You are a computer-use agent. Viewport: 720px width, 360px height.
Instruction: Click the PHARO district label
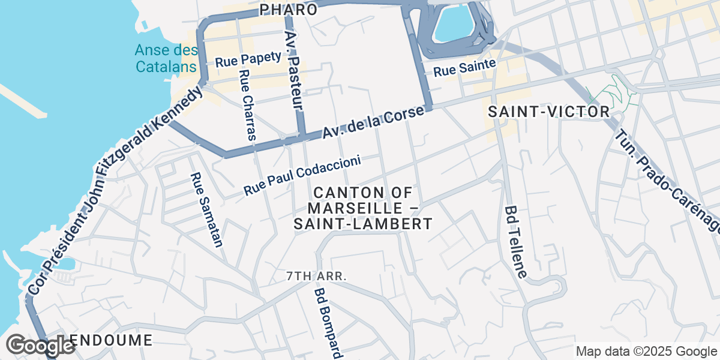[x=289, y=10]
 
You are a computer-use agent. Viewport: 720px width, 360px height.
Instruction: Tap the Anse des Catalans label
[x=166, y=58]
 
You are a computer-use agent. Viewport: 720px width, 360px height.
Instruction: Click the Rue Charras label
[x=247, y=105]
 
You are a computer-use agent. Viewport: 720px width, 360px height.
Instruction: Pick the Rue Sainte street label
[x=464, y=67]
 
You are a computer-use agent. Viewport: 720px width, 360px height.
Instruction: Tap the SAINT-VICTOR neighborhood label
[x=548, y=112]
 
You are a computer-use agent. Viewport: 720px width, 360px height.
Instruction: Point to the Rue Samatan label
[x=206, y=210]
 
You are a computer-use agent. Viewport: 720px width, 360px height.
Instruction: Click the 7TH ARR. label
[x=317, y=276]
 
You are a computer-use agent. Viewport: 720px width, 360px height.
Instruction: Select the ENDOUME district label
[x=111, y=340]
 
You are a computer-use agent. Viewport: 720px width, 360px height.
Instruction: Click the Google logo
[x=40, y=346]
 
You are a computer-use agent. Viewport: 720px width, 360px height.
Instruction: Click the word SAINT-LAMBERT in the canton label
[x=362, y=224]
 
